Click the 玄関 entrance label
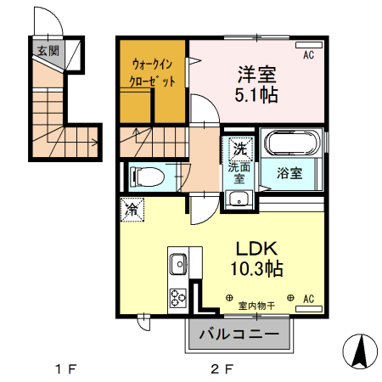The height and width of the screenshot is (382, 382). click(48, 50)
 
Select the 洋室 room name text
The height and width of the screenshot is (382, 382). click(256, 71)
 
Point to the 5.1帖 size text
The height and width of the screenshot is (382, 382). click(256, 94)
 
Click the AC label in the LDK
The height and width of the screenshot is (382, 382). click(308, 299)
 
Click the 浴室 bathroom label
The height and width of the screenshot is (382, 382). click(289, 174)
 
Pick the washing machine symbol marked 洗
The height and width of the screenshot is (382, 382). click(240, 149)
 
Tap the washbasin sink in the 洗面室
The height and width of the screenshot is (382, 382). click(239, 200)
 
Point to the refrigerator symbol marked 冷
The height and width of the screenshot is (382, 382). click(133, 209)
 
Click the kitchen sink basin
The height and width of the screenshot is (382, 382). click(178, 265)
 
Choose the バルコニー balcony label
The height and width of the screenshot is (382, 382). click(239, 334)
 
